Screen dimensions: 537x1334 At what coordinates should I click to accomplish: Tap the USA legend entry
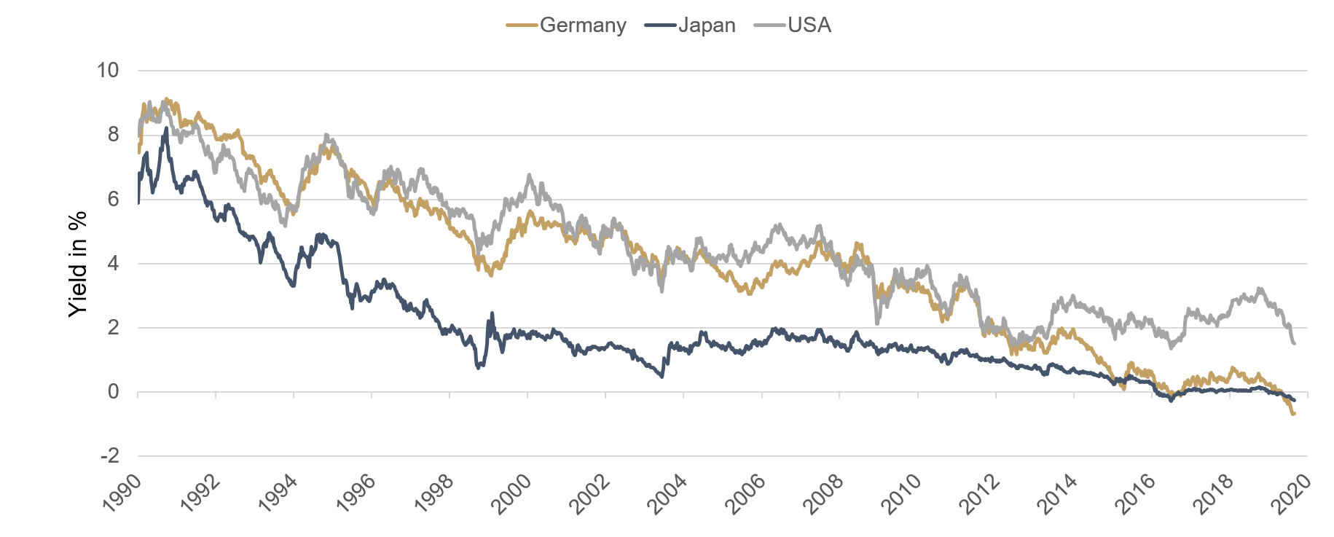[x=809, y=26]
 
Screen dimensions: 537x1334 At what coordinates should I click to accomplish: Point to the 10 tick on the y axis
[x=107, y=71]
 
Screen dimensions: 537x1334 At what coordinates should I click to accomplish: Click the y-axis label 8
[x=113, y=135]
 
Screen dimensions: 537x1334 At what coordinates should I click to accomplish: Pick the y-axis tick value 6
[x=113, y=199]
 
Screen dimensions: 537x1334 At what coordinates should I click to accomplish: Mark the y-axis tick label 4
[x=113, y=263]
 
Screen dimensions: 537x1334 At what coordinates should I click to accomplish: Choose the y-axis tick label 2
[x=113, y=328]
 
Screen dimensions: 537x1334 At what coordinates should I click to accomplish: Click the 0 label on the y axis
[x=113, y=392]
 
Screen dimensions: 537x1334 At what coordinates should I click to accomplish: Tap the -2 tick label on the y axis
[x=109, y=456]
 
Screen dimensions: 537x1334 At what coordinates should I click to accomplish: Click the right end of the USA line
[x=1294, y=343]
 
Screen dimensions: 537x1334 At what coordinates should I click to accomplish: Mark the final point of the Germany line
[x=1294, y=414]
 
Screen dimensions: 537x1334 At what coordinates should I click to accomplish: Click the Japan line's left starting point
[x=138, y=202]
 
